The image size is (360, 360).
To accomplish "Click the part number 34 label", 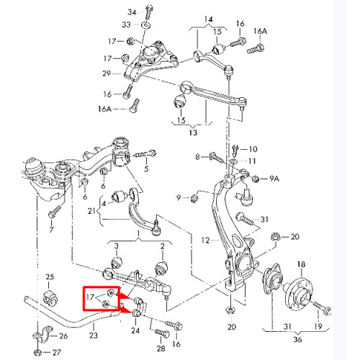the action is click(132, 12).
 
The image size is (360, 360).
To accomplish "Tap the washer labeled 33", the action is click(145, 24).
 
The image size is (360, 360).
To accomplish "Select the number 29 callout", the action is click(107, 73).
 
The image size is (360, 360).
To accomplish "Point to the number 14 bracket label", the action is click(209, 19).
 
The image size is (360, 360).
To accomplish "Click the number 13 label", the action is click(193, 132).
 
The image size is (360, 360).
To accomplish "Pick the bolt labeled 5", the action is click(145, 154).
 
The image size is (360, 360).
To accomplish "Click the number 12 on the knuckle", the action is click(206, 240).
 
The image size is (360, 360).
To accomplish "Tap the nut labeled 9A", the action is click(256, 179).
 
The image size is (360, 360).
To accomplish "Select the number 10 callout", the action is click(253, 149).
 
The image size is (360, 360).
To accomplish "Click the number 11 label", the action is click(251, 161).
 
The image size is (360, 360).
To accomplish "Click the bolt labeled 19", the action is click(323, 308).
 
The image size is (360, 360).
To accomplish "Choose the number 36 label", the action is click(297, 339).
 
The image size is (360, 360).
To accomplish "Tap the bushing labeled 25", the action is click(50, 298).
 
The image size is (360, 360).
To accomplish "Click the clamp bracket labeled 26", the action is click(42, 336).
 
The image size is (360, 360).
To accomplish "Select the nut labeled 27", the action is click(38, 353).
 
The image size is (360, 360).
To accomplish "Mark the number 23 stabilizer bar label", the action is click(94, 335).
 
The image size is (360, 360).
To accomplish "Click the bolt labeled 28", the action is click(162, 333).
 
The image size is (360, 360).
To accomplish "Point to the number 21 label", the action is click(91, 211).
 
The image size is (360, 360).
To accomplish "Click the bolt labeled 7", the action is click(54, 212).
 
